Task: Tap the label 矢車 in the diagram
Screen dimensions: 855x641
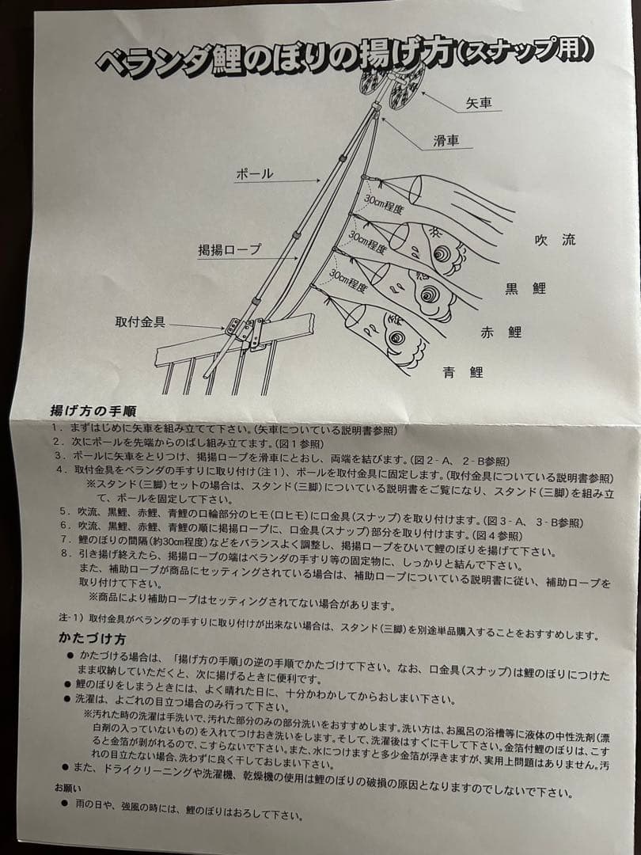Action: tap(480, 103)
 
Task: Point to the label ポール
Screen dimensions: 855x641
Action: tap(255, 173)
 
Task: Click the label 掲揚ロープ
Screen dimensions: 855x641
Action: tap(229, 249)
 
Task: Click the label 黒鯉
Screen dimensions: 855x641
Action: tap(525, 288)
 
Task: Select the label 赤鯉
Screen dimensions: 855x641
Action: tap(501, 332)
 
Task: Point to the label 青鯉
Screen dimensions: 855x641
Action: tap(465, 371)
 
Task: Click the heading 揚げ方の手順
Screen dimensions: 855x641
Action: tap(93, 411)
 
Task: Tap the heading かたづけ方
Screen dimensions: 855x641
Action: tap(91, 638)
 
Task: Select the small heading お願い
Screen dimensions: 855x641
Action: tap(67, 788)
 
